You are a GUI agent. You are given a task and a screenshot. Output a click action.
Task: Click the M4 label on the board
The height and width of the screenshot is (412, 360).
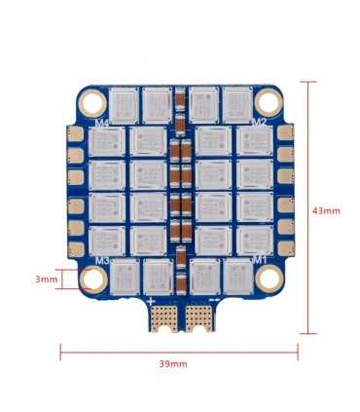(102, 124)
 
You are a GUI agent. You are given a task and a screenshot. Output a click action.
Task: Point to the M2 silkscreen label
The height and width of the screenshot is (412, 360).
(259, 123)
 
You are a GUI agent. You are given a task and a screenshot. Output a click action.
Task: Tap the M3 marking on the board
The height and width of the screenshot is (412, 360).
(102, 261)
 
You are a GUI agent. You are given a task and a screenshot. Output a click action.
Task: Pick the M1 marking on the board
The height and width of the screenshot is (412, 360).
(260, 260)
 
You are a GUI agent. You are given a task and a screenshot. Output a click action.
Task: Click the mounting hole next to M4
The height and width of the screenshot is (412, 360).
(93, 102)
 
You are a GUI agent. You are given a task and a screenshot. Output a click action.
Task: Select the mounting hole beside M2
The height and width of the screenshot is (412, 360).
(268, 102)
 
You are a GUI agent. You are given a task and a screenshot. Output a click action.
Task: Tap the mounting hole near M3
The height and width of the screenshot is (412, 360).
(93, 281)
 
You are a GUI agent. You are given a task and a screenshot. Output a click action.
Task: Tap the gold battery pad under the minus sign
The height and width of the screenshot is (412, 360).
(199, 318)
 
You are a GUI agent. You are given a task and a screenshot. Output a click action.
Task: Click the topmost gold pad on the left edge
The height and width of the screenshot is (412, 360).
(70, 133)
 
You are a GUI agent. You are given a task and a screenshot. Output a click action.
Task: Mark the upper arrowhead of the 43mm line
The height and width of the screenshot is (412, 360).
(310, 83)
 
